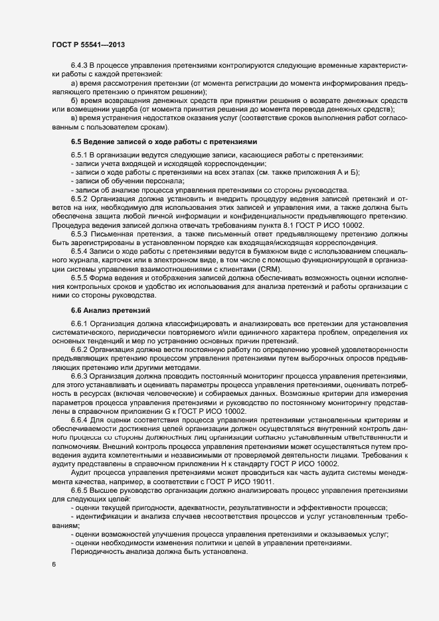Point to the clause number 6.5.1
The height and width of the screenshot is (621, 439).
point(79,155)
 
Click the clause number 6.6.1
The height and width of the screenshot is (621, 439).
point(79,323)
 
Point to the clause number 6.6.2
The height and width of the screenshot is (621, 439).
point(79,349)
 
